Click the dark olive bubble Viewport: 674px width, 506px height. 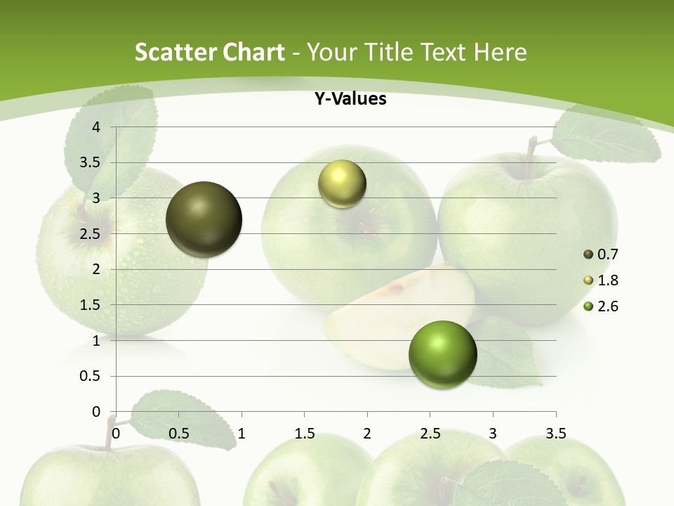click(x=204, y=219)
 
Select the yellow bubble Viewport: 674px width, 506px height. click(x=342, y=183)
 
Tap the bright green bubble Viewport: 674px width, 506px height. click(x=442, y=354)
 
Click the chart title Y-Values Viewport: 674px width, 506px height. click(x=350, y=99)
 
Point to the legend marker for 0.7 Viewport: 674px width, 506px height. click(x=588, y=254)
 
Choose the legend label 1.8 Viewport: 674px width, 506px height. click(x=608, y=280)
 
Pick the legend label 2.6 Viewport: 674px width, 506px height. click(x=608, y=306)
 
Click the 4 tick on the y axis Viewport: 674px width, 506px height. click(x=96, y=127)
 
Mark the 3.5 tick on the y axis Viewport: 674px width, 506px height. click(x=89, y=163)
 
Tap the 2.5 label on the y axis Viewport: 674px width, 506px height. click(x=89, y=234)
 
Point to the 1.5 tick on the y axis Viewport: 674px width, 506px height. click(x=89, y=305)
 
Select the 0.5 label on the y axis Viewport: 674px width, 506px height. click(x=89, y=376)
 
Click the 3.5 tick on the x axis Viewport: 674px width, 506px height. click(x=555, y=434)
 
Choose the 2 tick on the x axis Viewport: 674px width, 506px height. click(x=367, y=434)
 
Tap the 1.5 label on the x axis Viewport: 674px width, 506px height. click(x=304, y=434)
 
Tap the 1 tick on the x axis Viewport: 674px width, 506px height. click(x=242, y=434)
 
